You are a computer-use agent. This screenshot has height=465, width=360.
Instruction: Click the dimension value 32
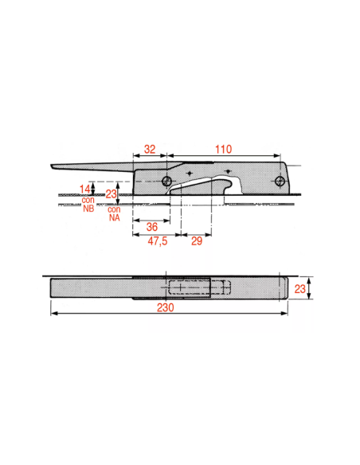(x=150, y=149)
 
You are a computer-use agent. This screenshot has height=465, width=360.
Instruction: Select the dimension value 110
(x=223, y=149)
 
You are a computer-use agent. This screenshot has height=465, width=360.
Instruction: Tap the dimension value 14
(x=84, y=189)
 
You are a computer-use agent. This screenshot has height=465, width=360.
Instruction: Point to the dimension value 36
(x=152, y=227)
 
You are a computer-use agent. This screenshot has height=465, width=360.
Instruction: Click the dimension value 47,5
(x=158, y=241)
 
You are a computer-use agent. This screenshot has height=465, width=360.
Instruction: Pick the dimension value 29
(x=197, y=240)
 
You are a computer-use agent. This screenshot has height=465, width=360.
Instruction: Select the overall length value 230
(x=165, y=307)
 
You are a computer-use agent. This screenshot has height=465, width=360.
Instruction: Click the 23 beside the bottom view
(x=299, y=288)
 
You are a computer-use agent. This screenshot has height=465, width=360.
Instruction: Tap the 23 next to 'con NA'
(x=112, y=194)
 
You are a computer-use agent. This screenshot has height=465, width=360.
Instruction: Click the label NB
(x=88, y=208)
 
